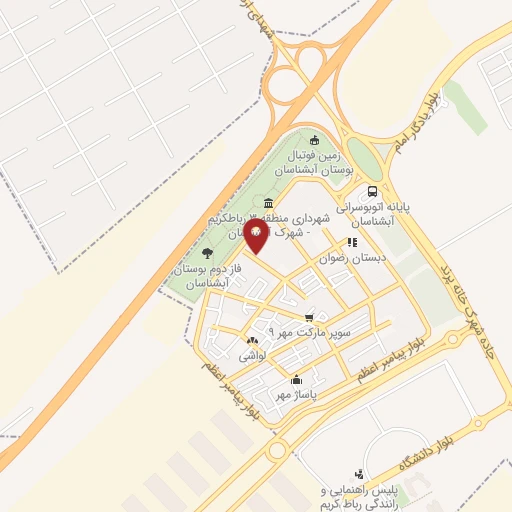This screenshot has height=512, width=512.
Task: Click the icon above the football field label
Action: tap(315, 140)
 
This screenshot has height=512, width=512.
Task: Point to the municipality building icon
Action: tap(271, 204)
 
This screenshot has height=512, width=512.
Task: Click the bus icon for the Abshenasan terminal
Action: tap(372, 191)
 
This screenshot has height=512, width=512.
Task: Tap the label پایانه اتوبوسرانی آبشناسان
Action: tap(373, 213)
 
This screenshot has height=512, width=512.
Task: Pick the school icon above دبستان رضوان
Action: tap(351, 242)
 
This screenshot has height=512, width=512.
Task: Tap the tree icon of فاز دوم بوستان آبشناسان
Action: tap(207, 253)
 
